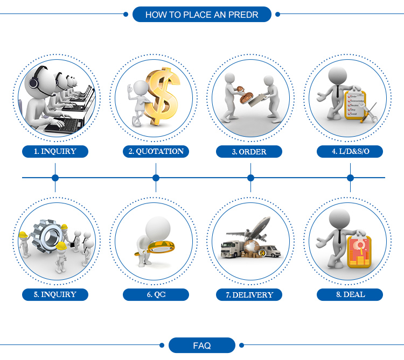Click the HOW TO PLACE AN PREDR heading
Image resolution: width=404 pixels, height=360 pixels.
tap(202, 15)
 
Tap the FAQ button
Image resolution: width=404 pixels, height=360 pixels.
tap(202, 345)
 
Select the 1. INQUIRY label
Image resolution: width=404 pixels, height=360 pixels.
tap(55, 151)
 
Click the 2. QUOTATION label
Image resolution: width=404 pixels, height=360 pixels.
tap(156, 151)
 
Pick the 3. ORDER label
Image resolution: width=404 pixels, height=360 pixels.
tap(249, 152)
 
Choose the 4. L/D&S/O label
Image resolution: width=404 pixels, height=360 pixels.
tap(350, 151)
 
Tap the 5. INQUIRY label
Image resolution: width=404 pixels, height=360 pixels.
tap(55, 294)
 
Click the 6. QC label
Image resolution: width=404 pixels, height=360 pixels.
tap(156, 294)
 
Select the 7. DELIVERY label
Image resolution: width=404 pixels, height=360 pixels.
tap(249, 295)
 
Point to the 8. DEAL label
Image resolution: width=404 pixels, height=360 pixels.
tap(350, 294)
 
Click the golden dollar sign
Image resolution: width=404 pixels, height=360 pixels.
tap(162, 96)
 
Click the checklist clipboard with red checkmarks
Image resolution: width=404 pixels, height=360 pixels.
tap(356, 104)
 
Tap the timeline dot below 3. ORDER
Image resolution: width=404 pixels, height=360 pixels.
tap(250, 178)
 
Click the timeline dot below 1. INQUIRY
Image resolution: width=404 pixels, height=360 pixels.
tap(55, 178)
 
